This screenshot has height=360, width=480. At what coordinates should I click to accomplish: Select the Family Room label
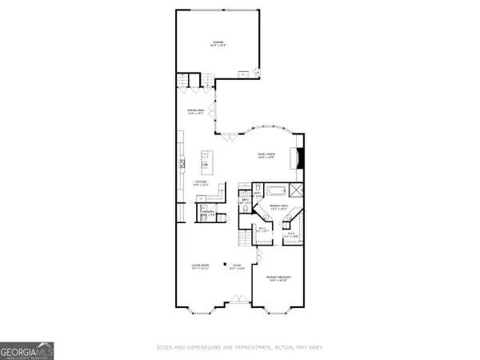(266, 155)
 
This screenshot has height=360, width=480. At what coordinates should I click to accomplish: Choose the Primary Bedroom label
(280, 278)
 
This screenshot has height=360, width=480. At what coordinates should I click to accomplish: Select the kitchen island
(206, 164)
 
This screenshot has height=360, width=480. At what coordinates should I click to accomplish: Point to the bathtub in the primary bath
(276, 191)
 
